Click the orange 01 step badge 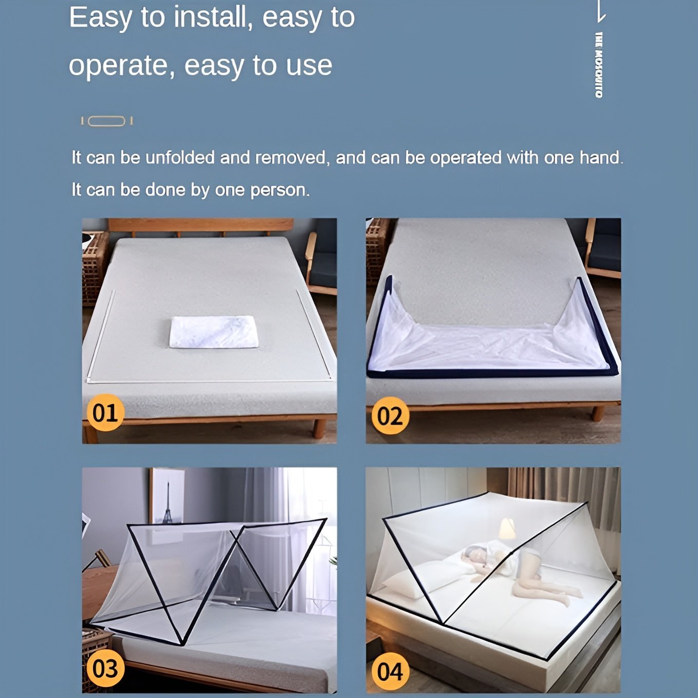tap(105, 413)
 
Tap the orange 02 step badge tap(390, 415)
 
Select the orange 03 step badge tap(105, 668)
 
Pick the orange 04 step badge tap(390, 671)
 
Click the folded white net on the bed tap(214, 332)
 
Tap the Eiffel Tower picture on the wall tap(167, 496)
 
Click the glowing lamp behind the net tap(507, 529)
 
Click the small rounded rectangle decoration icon tap(106, 121)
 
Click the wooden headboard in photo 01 tap(200, 225)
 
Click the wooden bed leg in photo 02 tap(598, 413)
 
